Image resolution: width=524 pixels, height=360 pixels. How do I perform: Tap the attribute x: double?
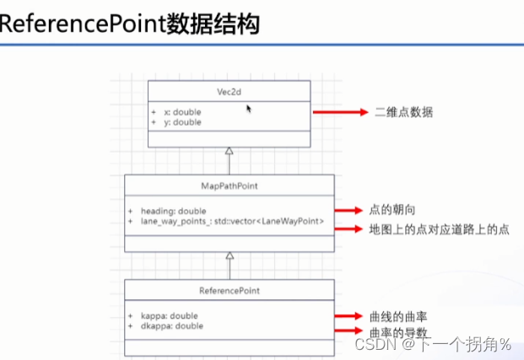coord(181,111)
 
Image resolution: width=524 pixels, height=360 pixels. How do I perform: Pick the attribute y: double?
coord(181,122)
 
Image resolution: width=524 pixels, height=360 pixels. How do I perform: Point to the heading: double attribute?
coord(172,210)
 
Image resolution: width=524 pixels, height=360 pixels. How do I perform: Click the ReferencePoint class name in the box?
coord(229,290)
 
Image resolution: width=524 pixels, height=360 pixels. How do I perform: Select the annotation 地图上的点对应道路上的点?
coord(429,228)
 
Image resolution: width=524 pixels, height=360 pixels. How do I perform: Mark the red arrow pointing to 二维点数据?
coord(338,111)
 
